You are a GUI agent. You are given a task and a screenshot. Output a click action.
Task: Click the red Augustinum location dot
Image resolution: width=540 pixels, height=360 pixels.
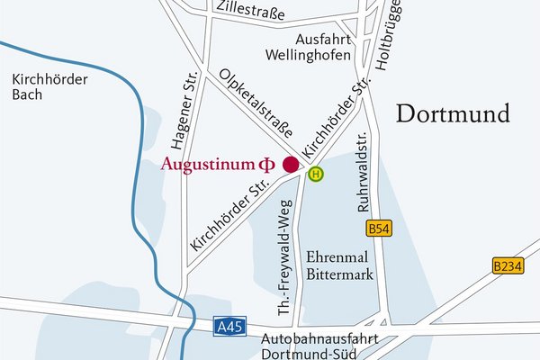click(291, 164)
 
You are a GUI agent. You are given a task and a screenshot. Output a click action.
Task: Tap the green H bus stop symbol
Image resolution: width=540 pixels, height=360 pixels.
click(315, 174)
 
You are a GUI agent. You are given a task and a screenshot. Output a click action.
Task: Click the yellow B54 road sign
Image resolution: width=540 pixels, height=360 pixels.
click(380, 229)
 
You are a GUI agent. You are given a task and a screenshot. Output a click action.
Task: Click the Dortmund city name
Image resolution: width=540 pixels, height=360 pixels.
click(453, 114)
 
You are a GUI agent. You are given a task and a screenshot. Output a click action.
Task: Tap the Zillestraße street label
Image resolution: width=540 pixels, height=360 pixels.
click(250, 13)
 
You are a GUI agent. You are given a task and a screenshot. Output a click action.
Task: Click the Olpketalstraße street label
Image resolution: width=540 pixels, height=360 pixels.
click(256, 101)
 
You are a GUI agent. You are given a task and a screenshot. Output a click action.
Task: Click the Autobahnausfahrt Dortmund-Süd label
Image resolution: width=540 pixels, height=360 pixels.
click(319, 347)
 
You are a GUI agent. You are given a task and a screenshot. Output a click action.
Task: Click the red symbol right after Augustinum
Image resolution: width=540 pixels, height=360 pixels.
click(265, 165)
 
